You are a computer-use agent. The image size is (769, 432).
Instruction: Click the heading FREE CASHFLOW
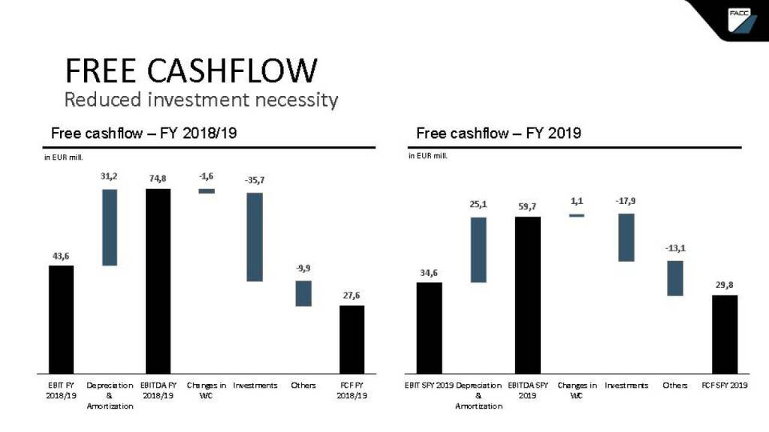click(x=191, y=70)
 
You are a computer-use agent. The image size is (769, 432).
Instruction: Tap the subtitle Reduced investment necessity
click(x=201, y=99)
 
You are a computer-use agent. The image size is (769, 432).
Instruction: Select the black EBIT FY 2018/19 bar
click(x=62, y=319)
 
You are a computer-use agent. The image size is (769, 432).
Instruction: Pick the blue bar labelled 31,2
click(x=110, y=227)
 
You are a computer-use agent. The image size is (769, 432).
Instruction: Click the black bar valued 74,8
click(x=158, y=281)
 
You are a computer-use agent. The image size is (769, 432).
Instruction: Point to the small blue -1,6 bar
click(x=207, y=191)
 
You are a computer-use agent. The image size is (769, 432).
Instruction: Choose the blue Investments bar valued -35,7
click(x=255, y=237)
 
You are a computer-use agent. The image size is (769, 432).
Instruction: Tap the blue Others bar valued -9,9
click(x=303, y=293)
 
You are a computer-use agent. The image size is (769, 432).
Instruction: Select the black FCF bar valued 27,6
click(x=351, y=339)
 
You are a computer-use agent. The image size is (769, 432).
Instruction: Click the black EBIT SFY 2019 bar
click(x=430, y=328)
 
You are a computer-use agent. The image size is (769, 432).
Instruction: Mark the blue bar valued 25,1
click(x=478, y=250)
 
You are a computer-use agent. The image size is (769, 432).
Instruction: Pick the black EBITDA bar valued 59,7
click(x=527, y=295)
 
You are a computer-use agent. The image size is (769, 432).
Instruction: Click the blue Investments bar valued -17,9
click(x=626, y=238)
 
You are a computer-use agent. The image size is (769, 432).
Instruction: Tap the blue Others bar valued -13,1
click(x=675, y=278)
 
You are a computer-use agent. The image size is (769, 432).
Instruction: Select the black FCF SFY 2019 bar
click(x=725, y=334)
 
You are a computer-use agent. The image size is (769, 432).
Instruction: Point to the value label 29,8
click(x=725, y=285)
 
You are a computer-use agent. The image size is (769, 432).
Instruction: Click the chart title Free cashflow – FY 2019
click(x=499, y=133)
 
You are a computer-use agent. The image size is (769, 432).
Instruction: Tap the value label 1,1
click(x=577, y=202)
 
